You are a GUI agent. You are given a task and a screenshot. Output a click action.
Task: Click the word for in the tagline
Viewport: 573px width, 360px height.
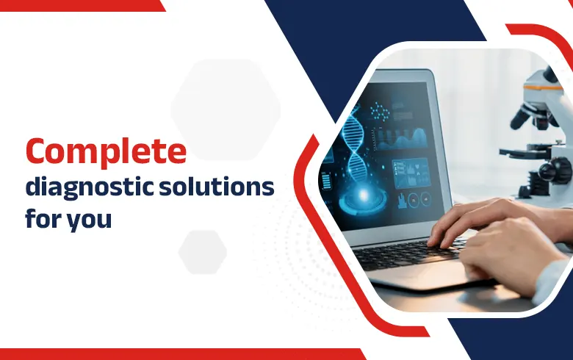43,218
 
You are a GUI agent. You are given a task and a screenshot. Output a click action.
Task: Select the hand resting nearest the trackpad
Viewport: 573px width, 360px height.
507,257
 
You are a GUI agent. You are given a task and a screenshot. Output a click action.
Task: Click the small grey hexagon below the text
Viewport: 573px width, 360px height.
202,250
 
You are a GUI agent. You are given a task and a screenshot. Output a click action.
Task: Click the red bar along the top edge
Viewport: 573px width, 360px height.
81,5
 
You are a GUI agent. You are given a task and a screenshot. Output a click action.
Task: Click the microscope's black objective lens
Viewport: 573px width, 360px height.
523,118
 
